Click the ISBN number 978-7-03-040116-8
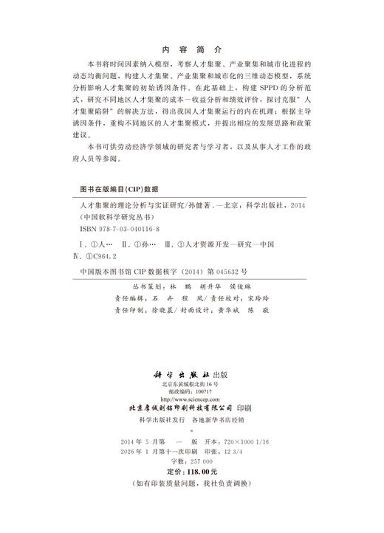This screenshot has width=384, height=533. [121, 229]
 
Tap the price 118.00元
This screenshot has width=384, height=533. [200, 470]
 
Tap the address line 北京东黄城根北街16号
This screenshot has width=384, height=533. [191, 382]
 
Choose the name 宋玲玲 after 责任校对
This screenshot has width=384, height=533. [250, 299]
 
